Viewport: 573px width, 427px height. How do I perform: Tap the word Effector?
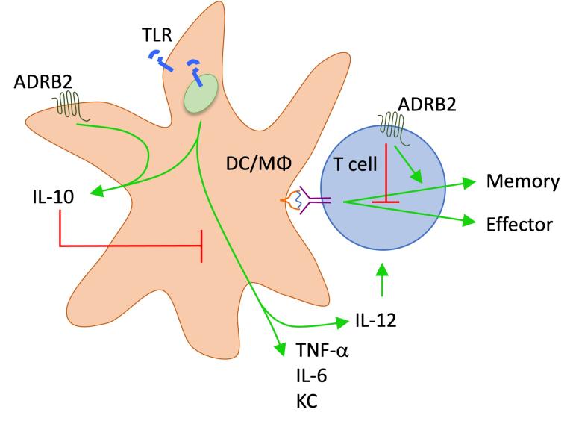[x=518, y=223]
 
